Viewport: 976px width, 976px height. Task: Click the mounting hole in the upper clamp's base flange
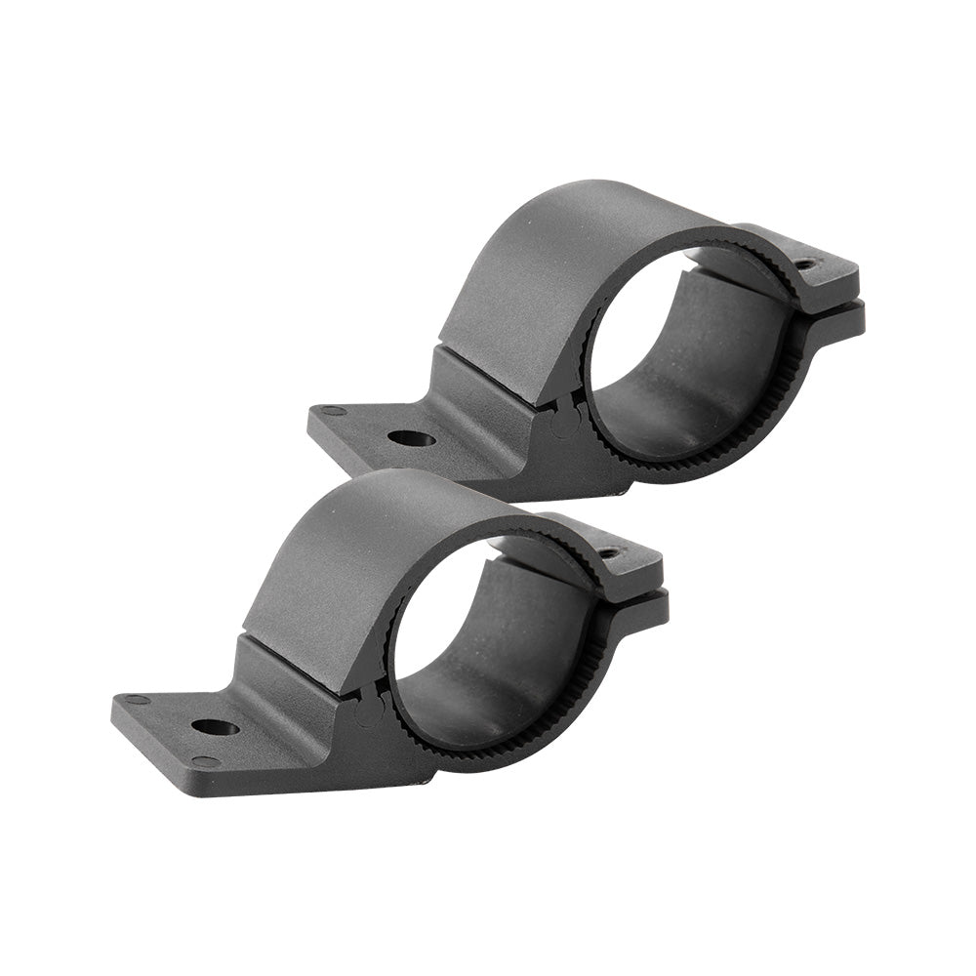coord(411,438)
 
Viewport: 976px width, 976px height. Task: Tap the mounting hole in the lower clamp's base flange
coord(215,727)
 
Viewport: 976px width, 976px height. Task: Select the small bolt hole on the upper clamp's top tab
coord(804,264)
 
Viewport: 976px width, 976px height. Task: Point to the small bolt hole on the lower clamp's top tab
coord(609,552)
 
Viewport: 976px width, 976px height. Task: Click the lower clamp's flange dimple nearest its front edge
coord(205,760)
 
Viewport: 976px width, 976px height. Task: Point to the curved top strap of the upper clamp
coord(547,264)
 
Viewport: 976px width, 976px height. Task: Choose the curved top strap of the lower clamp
coord(351,551)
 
